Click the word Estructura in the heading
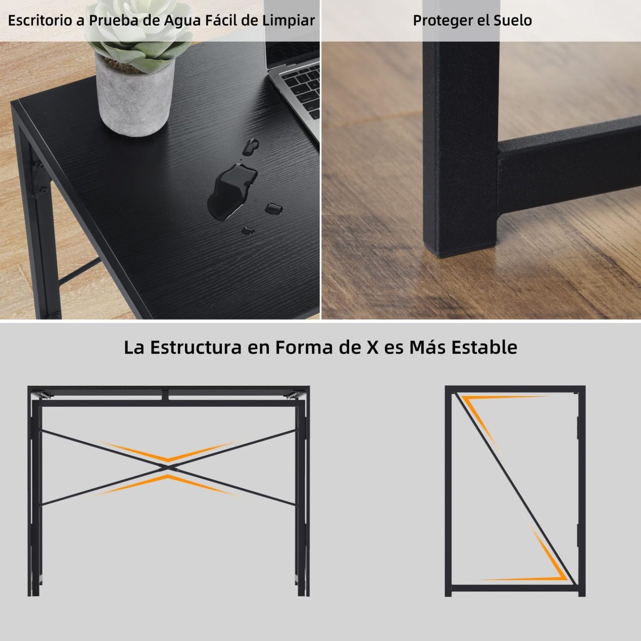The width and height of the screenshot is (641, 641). coord(196,347)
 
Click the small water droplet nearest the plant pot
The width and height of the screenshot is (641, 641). coord(250,147)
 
